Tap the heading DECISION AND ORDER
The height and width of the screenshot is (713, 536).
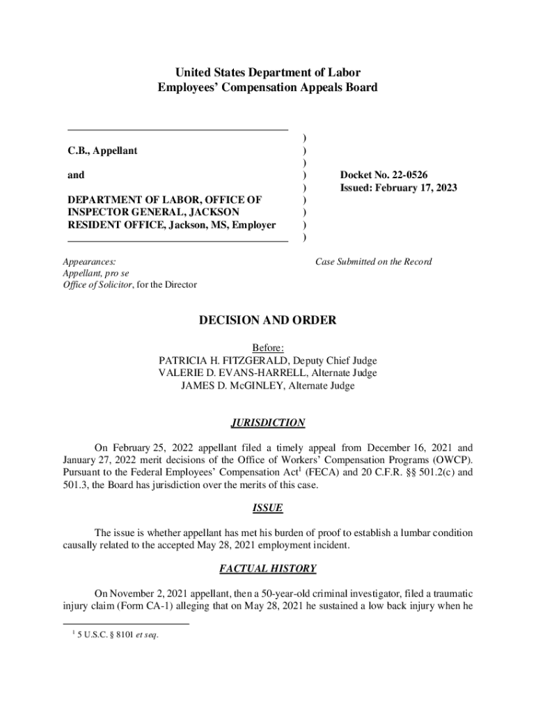coord(267,320)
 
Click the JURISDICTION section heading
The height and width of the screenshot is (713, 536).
coord(267,423)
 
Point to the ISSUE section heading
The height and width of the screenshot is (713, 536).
coord(267,508)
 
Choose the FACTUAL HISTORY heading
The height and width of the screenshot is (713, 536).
coord(267,569)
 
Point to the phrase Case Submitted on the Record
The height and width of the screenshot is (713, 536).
coord(373,262)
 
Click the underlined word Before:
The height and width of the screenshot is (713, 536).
coord(267,348)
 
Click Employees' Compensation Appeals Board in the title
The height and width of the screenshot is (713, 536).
coord(267,88)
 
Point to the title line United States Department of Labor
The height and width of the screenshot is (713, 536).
coord(267,72)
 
